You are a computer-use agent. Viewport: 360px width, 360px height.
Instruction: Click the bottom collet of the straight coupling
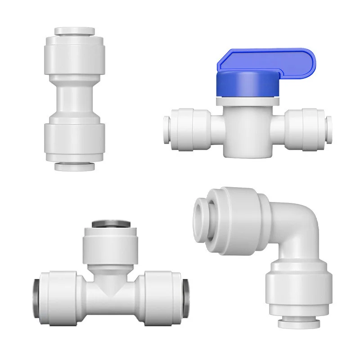[75, 166]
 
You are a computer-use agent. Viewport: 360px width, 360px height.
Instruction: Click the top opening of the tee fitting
[110, 224]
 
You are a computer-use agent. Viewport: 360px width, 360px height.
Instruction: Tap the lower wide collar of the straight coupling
[75, 139]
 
